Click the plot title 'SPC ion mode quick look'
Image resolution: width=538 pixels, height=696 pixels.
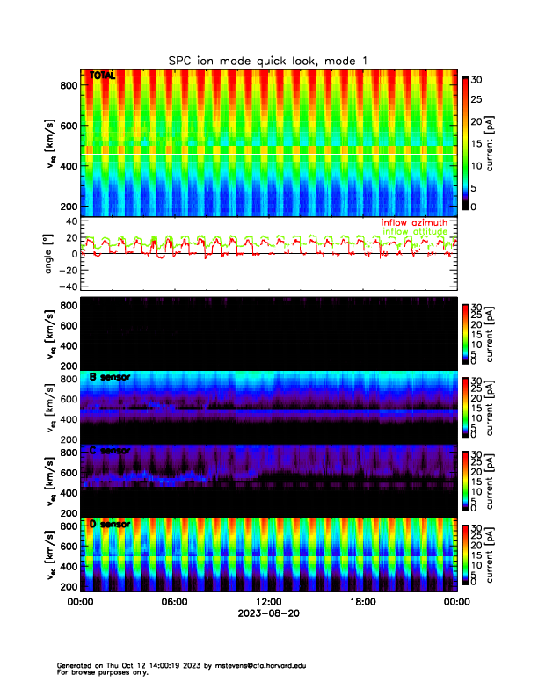click(255, 61)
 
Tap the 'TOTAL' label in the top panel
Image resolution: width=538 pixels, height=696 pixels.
click(103, 76)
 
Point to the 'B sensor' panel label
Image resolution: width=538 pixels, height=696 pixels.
click(110, 377)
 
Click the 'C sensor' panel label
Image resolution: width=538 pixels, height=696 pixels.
click(110, 451)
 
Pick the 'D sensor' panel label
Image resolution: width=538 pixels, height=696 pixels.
click(110, 524)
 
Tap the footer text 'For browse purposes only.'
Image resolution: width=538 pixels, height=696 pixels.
click(98, 672)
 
